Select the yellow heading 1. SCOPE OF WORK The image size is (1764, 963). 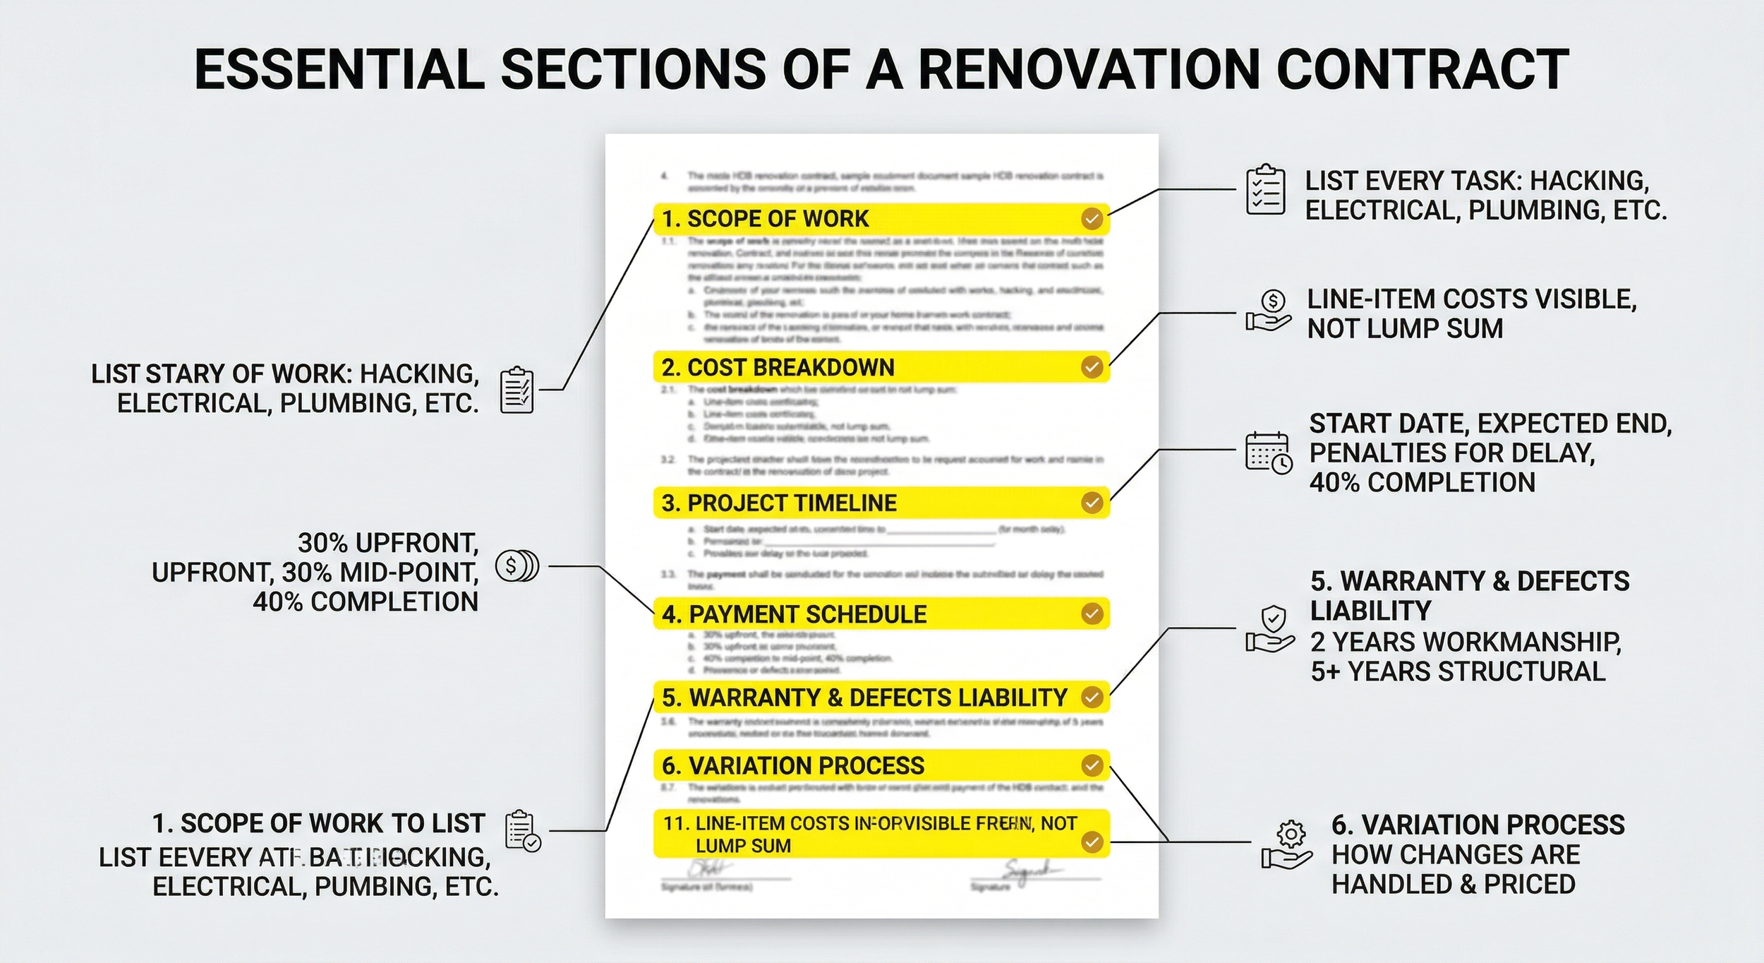pos(766,219)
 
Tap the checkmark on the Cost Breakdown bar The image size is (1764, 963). pos(1092,367)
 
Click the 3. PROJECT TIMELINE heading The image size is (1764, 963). pos(779,503)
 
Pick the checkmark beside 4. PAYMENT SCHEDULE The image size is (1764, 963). pos(1092,614)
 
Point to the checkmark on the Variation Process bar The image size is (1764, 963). pos(1092,765)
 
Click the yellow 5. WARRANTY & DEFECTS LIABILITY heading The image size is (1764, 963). pos(864,698)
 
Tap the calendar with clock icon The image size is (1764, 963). pos(1269,453)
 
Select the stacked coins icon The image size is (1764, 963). pos(517,566)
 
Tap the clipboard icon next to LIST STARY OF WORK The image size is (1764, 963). pos(516,390)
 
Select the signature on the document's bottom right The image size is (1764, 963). pos(1031,872)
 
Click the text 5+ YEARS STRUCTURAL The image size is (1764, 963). pos(1458,671)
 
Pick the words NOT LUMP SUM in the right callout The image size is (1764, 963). pos(1405,328)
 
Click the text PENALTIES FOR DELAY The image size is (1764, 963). pos(1452,453)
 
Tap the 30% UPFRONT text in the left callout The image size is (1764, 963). pos(387,542)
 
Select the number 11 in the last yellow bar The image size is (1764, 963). pos(675,823)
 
